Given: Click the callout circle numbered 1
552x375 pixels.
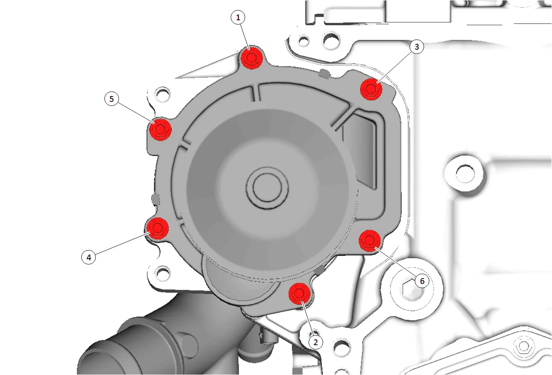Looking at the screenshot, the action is point(238,17).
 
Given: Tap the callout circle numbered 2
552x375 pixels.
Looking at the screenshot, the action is point(316,342).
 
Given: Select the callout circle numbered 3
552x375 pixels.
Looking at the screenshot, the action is point(417,47).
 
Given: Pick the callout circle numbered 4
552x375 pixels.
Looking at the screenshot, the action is point(89,257).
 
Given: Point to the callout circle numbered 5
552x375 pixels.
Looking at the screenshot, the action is point(112,99).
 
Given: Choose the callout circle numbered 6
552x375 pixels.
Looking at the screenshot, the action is point(422,281).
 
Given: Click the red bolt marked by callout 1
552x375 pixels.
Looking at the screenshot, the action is point(251,58).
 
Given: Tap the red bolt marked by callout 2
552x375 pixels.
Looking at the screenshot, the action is point(299,294).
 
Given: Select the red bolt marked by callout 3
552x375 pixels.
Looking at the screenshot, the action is point(371,89).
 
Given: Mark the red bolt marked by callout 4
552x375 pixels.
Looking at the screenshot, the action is point(157,228).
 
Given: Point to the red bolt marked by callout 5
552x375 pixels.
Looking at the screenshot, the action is point(160,129).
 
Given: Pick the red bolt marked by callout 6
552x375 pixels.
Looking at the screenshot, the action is point(370,240).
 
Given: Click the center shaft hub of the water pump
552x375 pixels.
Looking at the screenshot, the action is point(267,188).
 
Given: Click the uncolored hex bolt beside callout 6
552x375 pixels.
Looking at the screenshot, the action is point(412,289).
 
